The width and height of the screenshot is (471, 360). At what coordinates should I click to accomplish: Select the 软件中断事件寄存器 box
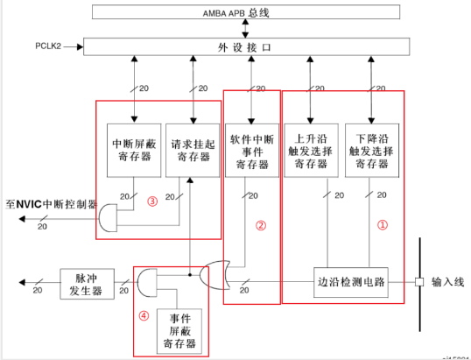(252, 151)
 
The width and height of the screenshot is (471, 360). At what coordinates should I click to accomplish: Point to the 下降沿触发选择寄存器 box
(373, 151)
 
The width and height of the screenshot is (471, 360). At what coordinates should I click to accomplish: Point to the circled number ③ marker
(152, 201)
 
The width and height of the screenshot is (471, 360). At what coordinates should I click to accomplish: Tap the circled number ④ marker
(145, 315)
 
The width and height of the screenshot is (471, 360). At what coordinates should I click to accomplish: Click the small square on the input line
(418, 282)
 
